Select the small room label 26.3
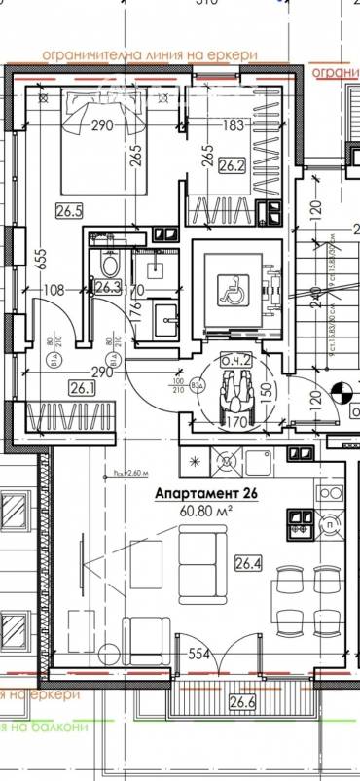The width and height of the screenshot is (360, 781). pos(107,287)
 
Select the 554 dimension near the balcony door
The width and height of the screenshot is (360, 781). pos(199,655)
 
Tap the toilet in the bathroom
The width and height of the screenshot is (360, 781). pos(108,265)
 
